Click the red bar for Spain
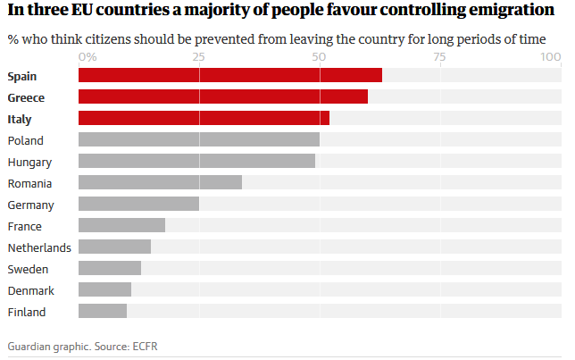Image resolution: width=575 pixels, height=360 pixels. point(230,75)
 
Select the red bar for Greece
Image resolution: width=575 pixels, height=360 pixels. point(223,96)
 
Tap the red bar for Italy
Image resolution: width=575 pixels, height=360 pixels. point(204,118)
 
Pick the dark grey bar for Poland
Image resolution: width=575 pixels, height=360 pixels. point(199,139)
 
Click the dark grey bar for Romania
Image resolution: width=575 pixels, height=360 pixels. point(160,182)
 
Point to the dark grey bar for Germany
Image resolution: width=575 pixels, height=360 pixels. point(138,204)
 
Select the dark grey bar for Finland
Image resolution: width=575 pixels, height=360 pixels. point(103,311)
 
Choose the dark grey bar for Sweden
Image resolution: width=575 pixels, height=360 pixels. point(110,268)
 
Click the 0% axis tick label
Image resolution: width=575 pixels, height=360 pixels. point(87,57)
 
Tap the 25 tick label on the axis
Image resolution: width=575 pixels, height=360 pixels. point(199,57)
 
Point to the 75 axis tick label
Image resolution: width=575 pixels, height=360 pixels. point(439,57)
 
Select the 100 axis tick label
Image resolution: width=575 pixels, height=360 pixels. point(551,57)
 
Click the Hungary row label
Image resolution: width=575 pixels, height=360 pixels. point(29,163)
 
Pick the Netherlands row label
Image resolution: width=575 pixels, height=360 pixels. point(39,247)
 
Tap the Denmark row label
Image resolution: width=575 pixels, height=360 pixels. point(30,290)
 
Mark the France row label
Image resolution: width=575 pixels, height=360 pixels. point(25,226)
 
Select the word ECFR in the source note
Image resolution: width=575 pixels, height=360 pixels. point(145,347)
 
